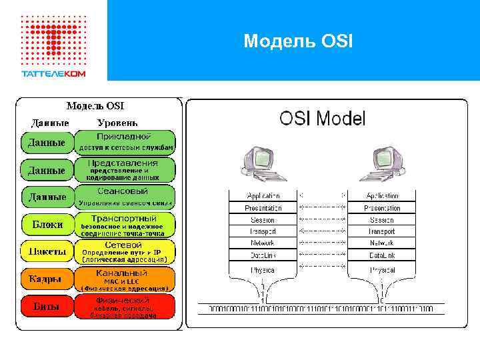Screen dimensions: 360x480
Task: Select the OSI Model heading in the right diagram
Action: point(322,119)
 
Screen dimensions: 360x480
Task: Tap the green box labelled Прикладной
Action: point(125,142)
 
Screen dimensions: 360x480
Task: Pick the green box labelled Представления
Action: point(125,170)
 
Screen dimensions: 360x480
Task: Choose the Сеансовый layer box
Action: point(125,197)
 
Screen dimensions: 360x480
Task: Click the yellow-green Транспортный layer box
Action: point(125,225)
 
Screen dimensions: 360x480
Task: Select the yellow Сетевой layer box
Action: point(125,251)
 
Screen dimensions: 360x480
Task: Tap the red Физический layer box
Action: point(125,307)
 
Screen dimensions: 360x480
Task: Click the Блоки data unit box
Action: point(47,225)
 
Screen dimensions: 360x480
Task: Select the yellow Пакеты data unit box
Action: point(47,251)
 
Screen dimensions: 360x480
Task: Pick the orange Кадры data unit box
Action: point(47,279)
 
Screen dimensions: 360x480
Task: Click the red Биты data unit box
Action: point(47,307)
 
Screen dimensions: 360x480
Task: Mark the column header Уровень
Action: point(117,123)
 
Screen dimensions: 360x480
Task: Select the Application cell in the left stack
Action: point(263,196)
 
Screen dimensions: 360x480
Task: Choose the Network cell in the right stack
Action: point(382,243)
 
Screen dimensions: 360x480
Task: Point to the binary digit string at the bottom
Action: point(321,309)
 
